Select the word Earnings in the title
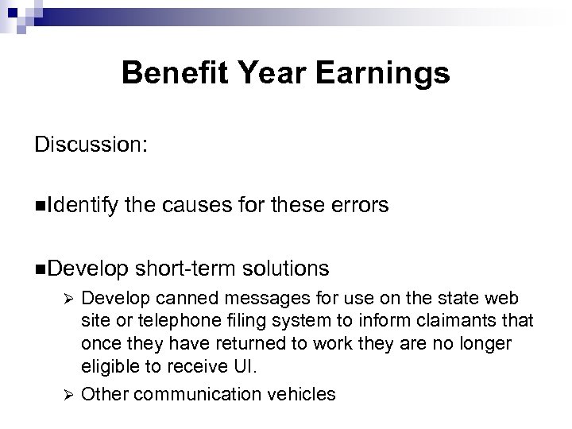tap(384, 74)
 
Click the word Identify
tap(83, 207)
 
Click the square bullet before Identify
tap(40, 207)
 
